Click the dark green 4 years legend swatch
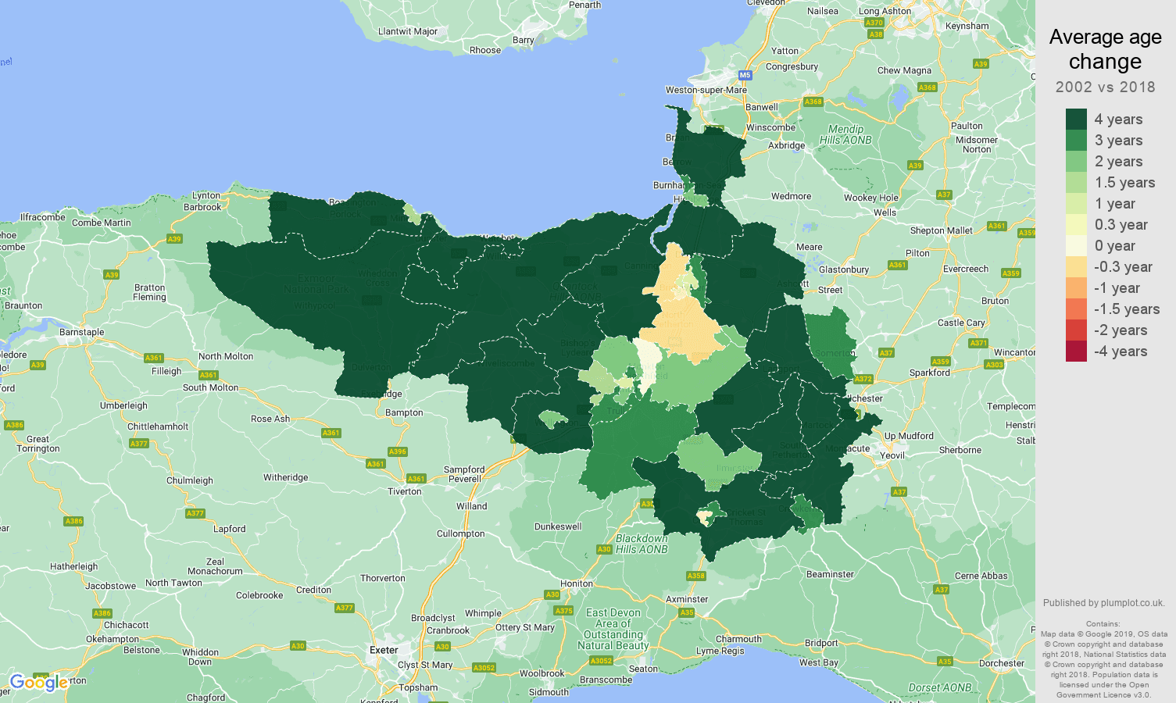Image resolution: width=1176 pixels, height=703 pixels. coord(1076,120)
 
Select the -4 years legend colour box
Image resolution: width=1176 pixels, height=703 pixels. coord(1076,351)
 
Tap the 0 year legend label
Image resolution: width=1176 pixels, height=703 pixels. coord(1114,246)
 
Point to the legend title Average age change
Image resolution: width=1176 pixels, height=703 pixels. coord(1105,49)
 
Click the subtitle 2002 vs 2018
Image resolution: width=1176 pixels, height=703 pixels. coord(1105,87)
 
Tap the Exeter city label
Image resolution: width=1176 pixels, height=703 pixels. coord(384,650)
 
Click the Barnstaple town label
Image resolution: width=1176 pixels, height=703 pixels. coord(82,332)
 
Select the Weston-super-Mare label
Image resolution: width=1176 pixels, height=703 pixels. coord(706,90)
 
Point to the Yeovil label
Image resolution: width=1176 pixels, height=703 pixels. coord(892,455)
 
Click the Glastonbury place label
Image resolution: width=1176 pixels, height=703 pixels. coord(844,269)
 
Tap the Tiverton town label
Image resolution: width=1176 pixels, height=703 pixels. coord(404,491)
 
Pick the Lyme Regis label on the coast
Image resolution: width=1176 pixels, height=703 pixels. coord(720,651)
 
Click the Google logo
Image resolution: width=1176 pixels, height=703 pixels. coord(38,683)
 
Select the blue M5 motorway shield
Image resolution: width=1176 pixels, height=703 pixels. coord(745,76)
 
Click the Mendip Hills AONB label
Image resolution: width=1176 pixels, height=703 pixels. coord(845,134)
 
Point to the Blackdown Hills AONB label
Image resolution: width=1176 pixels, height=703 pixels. coord(642,544)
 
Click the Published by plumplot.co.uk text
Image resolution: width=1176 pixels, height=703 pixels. coord(1103,603)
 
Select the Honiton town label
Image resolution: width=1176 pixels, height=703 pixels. coord(577,583)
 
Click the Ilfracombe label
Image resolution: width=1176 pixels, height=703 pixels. coord(42,217)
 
